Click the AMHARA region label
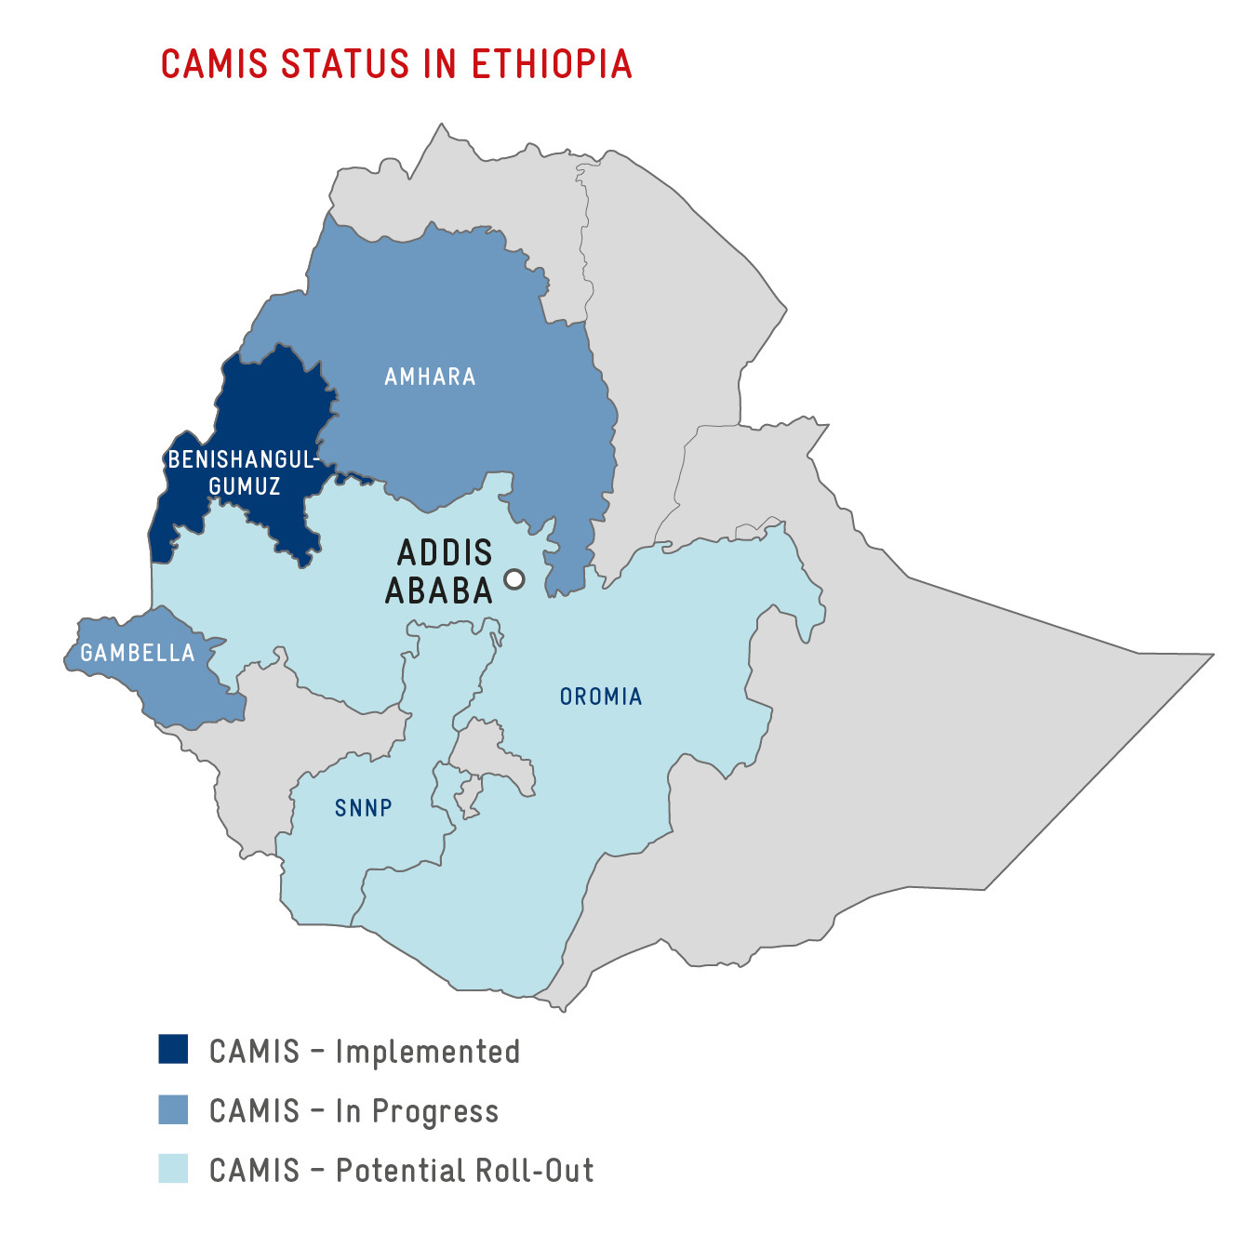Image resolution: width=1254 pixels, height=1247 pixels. (x=430, y=377)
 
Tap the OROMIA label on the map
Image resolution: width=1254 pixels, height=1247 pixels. (x=601, y=696)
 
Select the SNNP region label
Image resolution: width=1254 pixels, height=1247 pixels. (x=364, y=808)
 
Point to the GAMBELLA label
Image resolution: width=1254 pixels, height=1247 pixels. (x=138, y=653)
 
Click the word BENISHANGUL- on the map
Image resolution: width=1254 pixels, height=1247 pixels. (x=243, y=459)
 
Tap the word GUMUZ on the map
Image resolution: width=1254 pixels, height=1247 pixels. (x=245, y=486)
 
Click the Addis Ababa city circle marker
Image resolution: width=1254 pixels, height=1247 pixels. (x=514, y=579)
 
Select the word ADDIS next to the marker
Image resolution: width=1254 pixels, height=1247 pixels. (x=445, y=552)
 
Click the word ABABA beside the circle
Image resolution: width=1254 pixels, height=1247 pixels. (x=439, y=591)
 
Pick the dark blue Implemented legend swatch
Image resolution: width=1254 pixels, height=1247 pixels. (x=173, y=1049)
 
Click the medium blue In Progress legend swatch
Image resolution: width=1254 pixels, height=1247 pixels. (x=173, y=1109)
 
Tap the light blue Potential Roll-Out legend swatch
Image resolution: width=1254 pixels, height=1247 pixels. (x=173, y=1169)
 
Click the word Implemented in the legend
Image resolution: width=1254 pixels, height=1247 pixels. (x=427, y=1052)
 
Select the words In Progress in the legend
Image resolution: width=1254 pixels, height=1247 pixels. (x=417, y=1111)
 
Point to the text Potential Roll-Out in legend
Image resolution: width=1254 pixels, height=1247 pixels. (x=464, y=1171)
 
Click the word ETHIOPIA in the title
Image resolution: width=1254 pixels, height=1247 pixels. (x=552, y=64)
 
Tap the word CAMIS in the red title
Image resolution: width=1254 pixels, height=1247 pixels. (x=215, y=64)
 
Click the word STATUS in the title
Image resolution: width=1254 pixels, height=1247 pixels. (x=344, y=64)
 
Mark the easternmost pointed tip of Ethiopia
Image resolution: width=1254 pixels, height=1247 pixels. (x=1211, y=655)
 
